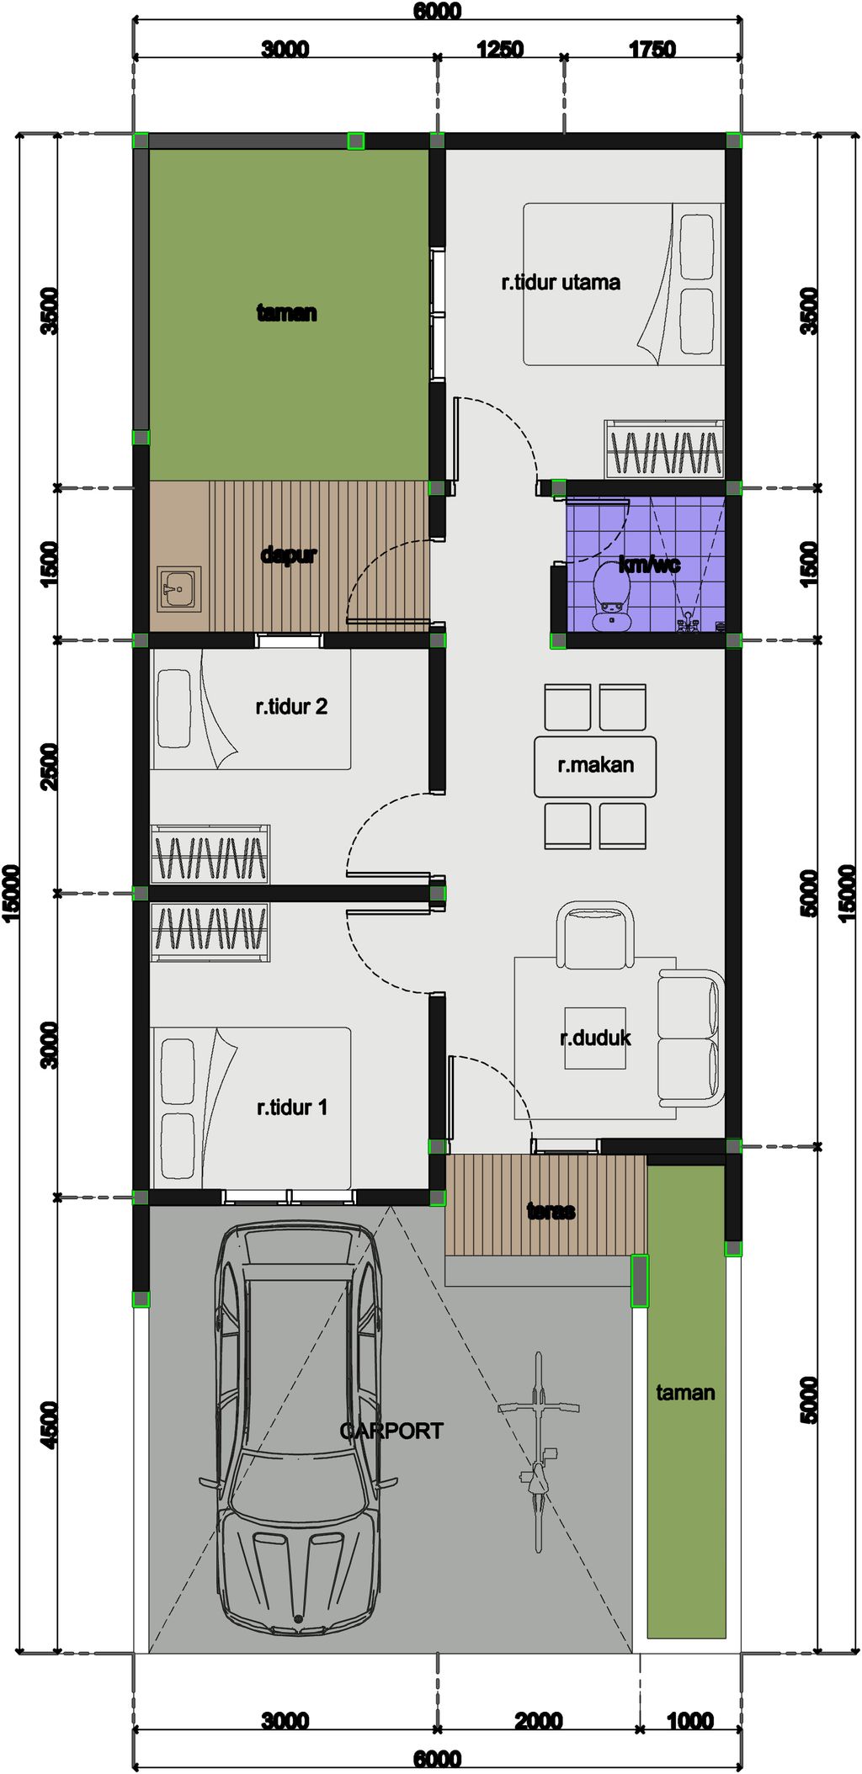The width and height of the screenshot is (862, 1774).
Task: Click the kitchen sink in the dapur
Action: point(179,588)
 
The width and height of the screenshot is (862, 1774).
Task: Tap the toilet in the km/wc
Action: point(610,597)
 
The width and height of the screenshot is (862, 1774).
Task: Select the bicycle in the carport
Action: point(538,1452)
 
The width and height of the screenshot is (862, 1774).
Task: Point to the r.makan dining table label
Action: point(595,765)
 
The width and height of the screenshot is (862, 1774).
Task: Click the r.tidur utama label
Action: point(561,282)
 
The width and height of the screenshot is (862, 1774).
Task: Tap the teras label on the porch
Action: point(551,1211)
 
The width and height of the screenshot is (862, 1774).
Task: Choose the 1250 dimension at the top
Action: point(500,49)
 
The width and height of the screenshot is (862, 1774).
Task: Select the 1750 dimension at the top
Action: point(652,49)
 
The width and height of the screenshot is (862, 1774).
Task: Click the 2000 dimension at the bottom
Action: point(538,1721)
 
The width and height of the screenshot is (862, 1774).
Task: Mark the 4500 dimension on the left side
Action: point(50,1425)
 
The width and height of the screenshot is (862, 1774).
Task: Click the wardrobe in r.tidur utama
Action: point(664,449)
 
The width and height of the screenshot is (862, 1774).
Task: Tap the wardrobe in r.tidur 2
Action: point(210,855)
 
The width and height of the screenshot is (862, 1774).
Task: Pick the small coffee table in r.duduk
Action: point(595,1038)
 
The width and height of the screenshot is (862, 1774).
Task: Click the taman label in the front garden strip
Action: point(685,1393)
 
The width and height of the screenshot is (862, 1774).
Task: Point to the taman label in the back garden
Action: point(286,313)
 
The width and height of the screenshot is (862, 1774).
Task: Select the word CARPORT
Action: point(391,1431)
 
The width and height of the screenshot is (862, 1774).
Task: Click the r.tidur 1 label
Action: point(291,1107)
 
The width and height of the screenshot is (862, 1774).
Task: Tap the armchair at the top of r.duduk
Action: point(595,935)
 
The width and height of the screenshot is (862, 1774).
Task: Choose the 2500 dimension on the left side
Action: point(50,766)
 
